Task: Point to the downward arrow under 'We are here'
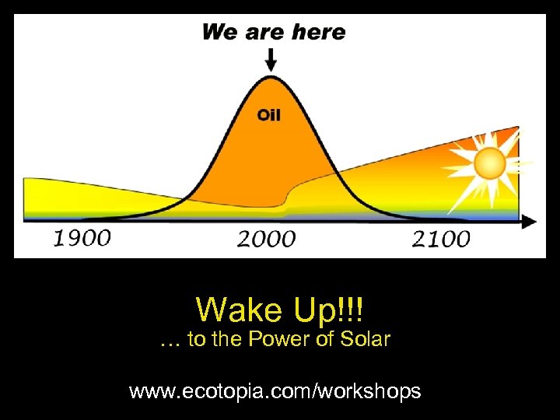271,59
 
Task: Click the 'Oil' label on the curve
269,115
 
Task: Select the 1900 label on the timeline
82,237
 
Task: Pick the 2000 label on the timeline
267,238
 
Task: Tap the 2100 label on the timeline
441,238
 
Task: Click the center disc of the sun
490,164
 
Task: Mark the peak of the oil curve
271,77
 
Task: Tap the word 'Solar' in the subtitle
366,340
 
